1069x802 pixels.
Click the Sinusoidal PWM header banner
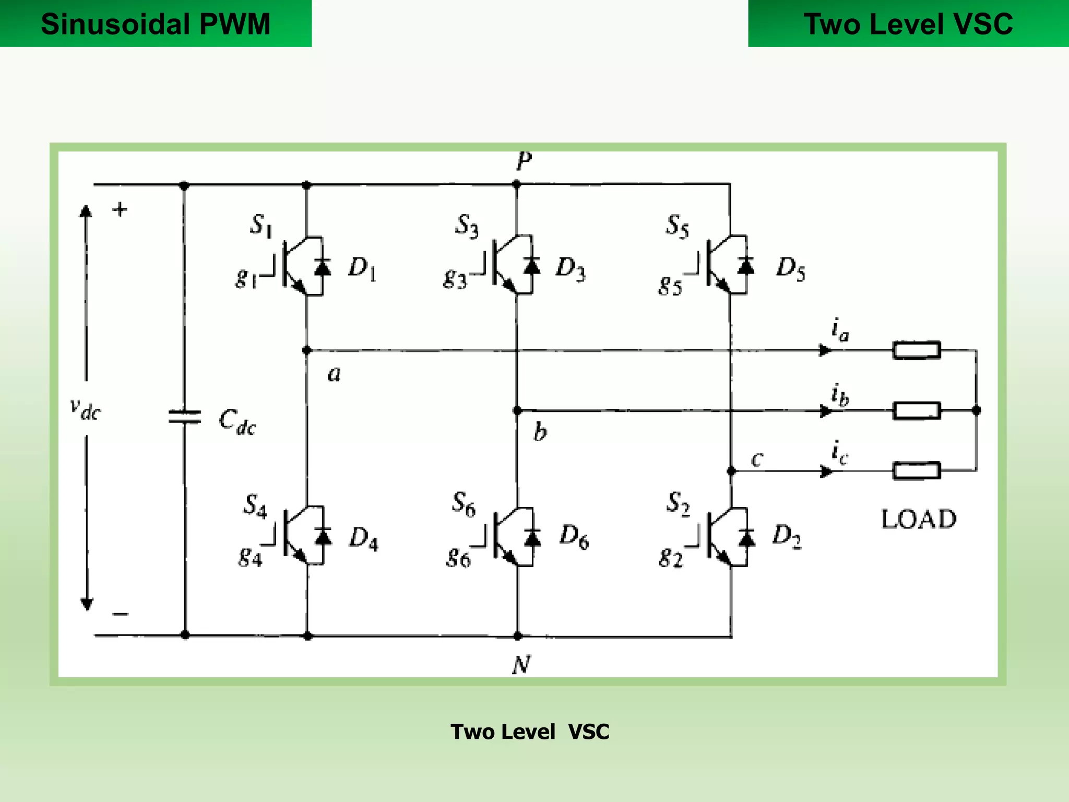coord(156,23)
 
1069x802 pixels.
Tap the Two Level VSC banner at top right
coord(908,23)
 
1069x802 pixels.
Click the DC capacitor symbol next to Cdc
coord(184,417)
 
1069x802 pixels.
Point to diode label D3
coord(571,268)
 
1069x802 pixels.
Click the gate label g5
coord(670,285)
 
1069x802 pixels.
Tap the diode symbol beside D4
coord(323,536)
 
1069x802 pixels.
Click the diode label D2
coord(787,536)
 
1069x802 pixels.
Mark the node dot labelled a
coord(307,350)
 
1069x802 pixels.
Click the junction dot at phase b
coord(517,411)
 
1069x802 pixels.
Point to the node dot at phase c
coord(731,471)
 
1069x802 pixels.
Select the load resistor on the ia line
coord(917,350)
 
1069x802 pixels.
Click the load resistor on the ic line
coord(917,470)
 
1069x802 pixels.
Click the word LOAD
coord(919,520)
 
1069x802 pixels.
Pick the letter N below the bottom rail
coord(521,665)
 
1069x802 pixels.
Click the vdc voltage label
coord(85,409)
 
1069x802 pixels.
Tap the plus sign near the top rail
coord(120,209)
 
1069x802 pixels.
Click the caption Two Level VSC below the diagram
coord(530,732)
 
